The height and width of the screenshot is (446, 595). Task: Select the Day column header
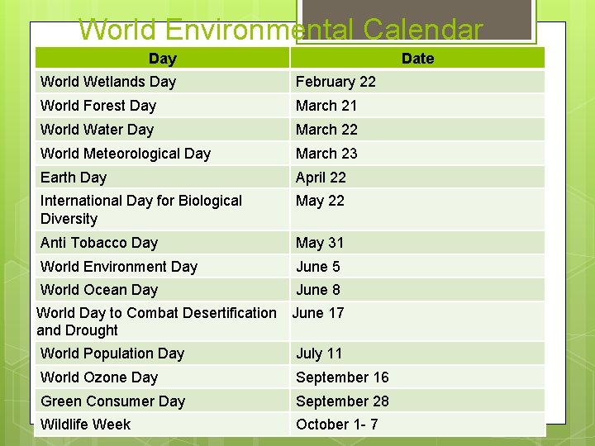click(162, 59)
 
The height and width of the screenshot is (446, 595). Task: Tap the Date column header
click(417, 59)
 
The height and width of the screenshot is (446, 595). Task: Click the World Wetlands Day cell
click(108, 82)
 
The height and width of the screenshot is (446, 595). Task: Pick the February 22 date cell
click(336, 82)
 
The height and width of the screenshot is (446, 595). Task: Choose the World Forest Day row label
click(98, 106)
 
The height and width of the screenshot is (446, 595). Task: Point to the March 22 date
click(326, 130)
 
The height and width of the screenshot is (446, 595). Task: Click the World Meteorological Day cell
click(126, 154)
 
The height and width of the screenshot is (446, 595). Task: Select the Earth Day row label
click(74, 178)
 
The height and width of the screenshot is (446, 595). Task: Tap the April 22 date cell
click(321, 178)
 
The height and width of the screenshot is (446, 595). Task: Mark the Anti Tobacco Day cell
click(99, 243)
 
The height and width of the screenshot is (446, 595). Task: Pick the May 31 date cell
click(320, 243)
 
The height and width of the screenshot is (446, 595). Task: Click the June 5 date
click(318, 267)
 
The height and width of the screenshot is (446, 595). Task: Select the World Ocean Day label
click(99, 290)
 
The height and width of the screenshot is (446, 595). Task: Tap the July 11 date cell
click(319, 353)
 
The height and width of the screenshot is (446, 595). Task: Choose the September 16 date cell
click(342, 377)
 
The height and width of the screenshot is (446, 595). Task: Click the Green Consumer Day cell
click(113, 401)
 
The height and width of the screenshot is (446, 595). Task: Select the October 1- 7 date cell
click(337, 425)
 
